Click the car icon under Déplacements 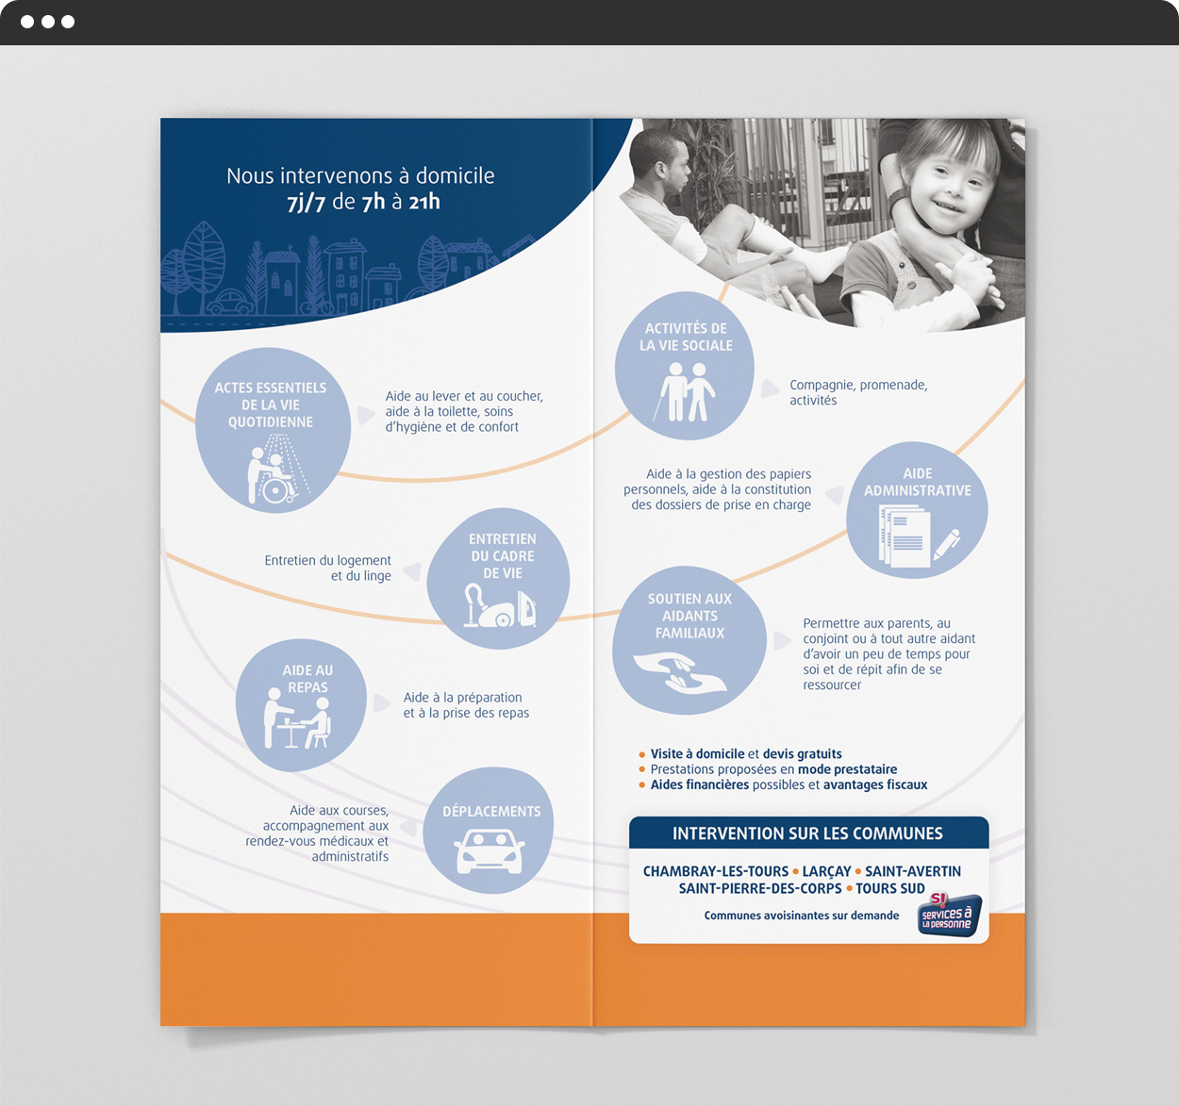pos(490,851)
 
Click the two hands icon pos(680,672)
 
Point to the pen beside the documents pos(946,544)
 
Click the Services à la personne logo pos(949,915)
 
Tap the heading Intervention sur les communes pos(807,834)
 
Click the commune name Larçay pos(826,871)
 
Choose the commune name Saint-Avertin pos(912,871)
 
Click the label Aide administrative pos(917,482)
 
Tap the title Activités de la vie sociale pos(686,337)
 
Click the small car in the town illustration pos(230,302)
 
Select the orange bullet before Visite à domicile pos(641,754)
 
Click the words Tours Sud pos(889,889)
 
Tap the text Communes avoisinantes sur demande pos(802,916)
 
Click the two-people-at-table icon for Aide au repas pos(297,718)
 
